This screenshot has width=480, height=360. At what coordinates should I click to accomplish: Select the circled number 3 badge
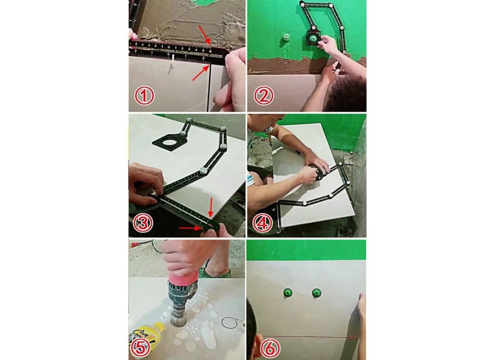tap(144, 222)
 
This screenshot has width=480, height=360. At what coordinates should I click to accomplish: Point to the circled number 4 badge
tap(263, 223)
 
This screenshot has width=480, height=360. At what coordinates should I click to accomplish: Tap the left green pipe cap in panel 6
tap(287, 293)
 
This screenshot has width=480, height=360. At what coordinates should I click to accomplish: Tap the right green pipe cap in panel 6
tap(316, 293)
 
